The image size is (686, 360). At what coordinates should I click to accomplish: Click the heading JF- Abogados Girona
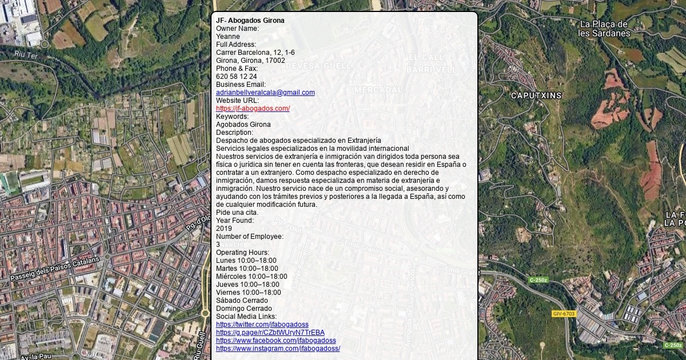250,21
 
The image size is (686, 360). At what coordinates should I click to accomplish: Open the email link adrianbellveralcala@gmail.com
265,93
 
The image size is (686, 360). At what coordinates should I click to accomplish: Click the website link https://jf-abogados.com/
253,109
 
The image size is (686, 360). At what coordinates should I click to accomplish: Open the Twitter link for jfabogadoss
262,325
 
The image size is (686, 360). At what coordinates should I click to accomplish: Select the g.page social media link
270,333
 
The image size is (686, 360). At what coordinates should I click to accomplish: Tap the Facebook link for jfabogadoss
276,341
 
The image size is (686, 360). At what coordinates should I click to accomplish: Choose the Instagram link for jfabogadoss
278,349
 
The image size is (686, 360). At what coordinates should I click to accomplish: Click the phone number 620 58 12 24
236,77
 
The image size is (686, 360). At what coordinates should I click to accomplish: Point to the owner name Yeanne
228,37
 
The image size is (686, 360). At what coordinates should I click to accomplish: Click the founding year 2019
224,229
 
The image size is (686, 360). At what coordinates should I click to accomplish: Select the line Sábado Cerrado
242,301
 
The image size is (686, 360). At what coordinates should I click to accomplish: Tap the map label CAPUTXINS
536,95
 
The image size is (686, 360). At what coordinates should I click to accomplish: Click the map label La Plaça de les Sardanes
604,29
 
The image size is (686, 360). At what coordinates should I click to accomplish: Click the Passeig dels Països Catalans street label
54,269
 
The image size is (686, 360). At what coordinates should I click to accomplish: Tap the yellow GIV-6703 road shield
564,314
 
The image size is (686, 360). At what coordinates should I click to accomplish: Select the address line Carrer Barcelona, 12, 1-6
255,53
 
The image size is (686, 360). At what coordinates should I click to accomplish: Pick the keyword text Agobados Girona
243,125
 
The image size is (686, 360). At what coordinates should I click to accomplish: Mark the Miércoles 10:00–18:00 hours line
252,277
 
